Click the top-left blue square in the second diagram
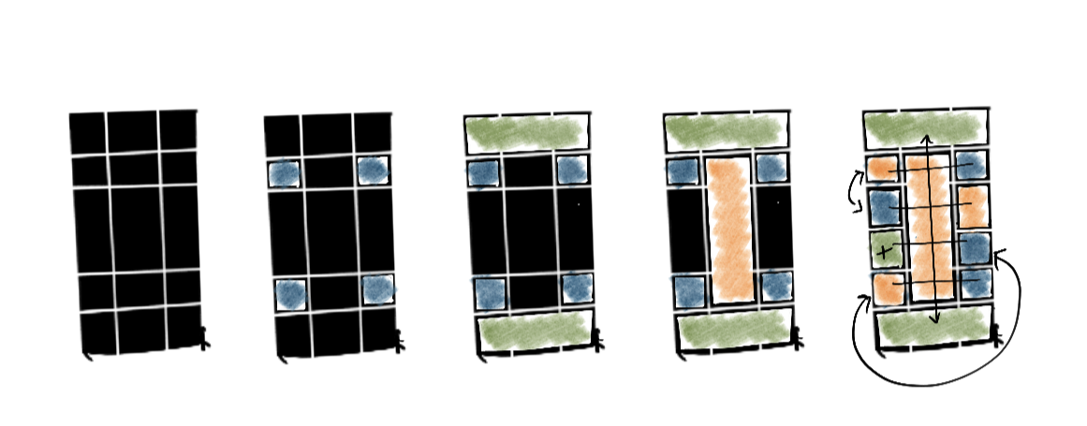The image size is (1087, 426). pos(284,173)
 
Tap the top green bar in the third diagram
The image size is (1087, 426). pos(525,133)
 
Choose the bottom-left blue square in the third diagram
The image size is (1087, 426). pos(488,292)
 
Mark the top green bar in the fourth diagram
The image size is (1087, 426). pos(726,133)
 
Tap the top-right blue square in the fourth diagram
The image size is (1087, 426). pos(773,169)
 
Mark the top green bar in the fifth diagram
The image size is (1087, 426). pos(923,128)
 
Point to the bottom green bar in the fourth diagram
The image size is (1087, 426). pos(733,328)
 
